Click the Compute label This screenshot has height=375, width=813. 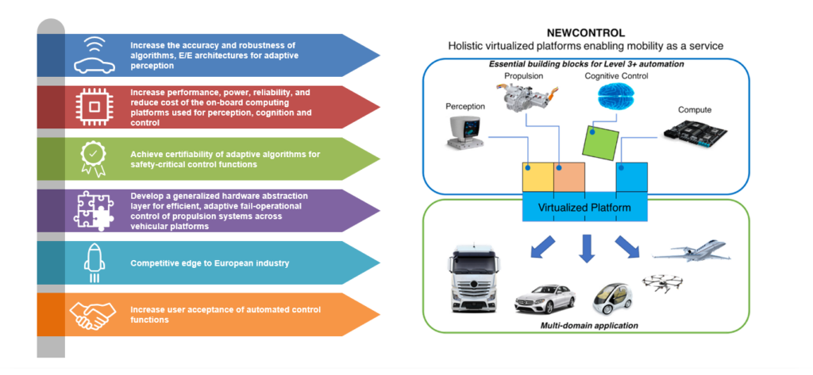pyautogui.click(x=695, y=109)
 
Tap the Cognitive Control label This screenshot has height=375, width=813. pyautogui.click(x=616, y=76)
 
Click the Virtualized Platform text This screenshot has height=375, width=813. pyautogui.click(x=585, y=209)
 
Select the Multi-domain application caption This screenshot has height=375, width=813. pyautogui.click(x=585, y=325)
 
